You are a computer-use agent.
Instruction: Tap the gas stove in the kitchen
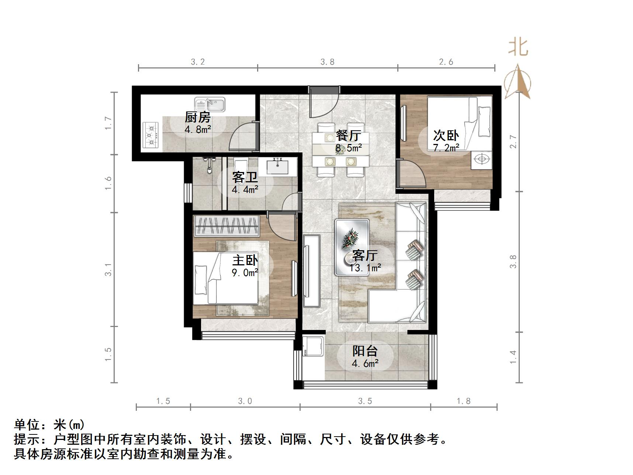[151, 135]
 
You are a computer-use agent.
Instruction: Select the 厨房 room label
[198, 117]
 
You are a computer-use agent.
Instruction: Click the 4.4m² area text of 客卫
[245, 190]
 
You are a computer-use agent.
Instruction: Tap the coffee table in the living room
[352, 247]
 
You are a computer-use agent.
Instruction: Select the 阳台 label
[365, 350]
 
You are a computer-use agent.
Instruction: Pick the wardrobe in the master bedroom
[227, 226]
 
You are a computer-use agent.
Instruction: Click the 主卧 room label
[245, 260]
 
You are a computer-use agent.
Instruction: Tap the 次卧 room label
[446, 135]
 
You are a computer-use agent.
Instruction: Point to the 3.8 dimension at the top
[327, 62]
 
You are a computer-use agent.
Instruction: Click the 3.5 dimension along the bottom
[365, 401]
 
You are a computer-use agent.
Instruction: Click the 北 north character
[518, 48]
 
